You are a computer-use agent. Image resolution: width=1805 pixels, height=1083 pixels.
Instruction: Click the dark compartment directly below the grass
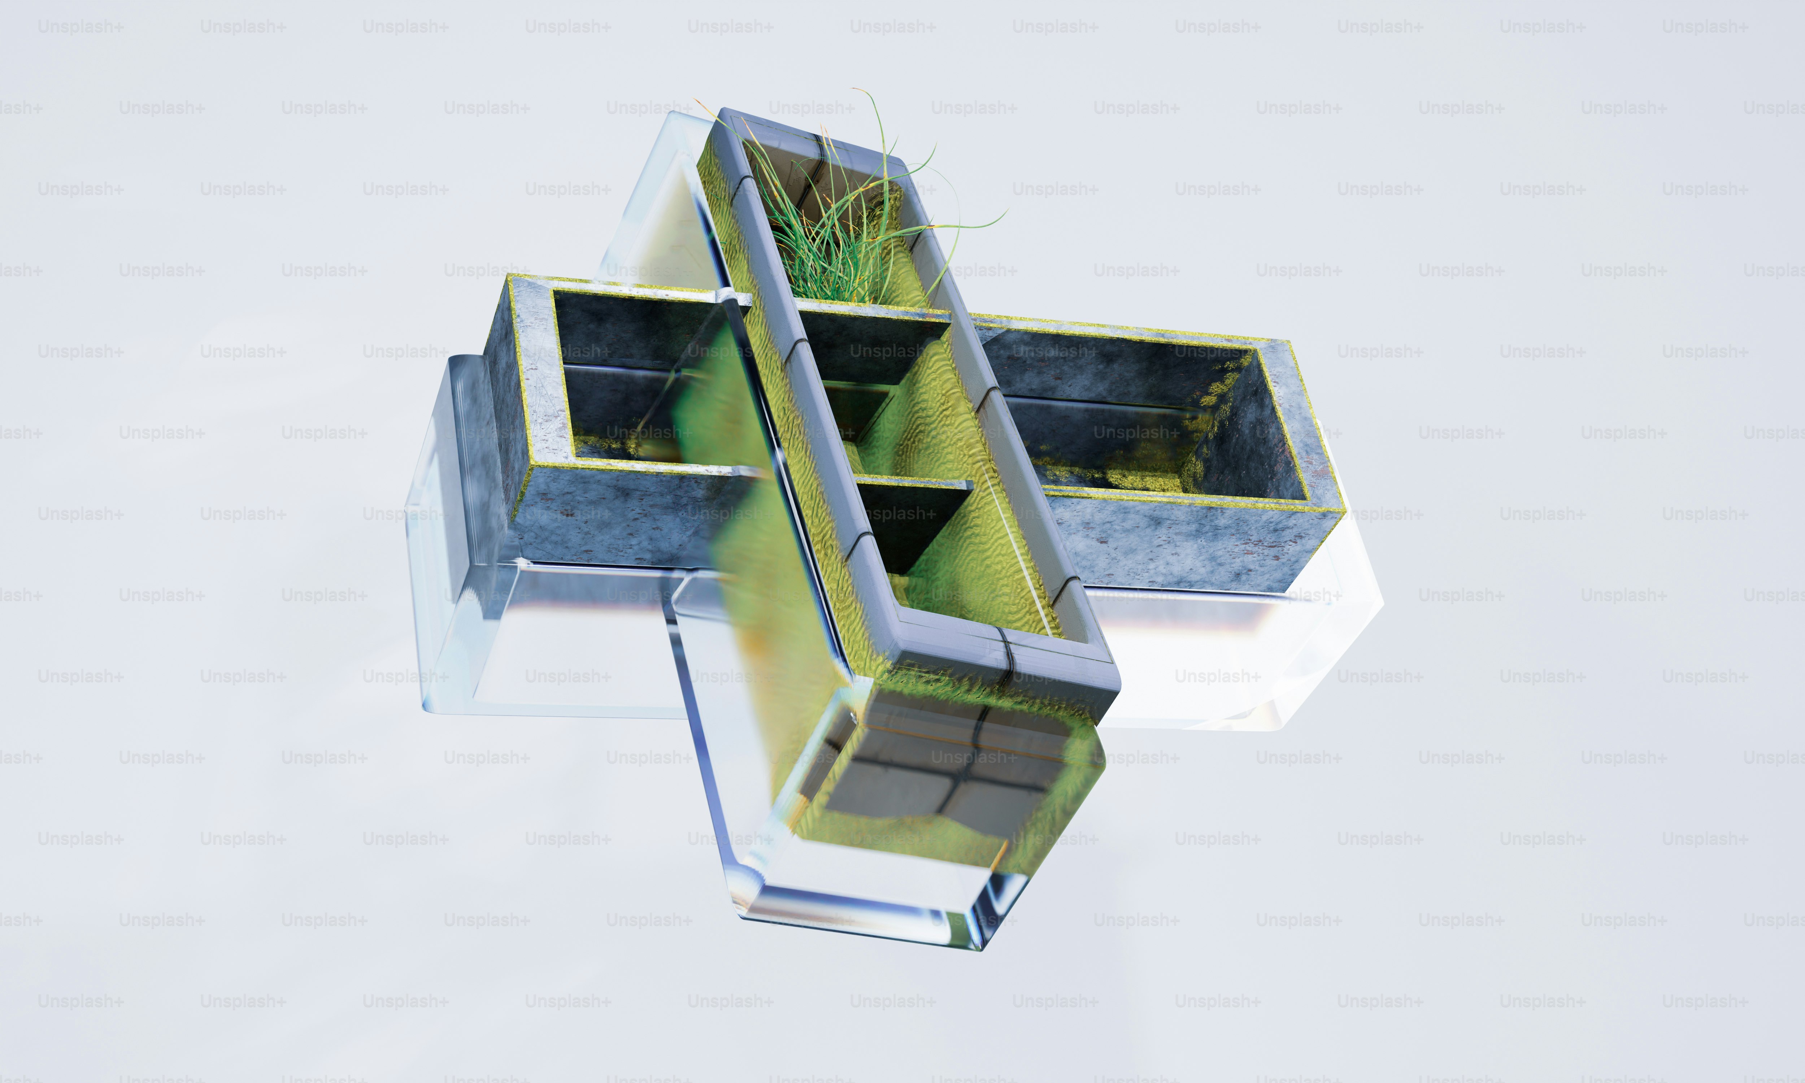click(868, 343)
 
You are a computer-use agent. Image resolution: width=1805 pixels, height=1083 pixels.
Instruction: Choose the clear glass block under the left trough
click(554, 642)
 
